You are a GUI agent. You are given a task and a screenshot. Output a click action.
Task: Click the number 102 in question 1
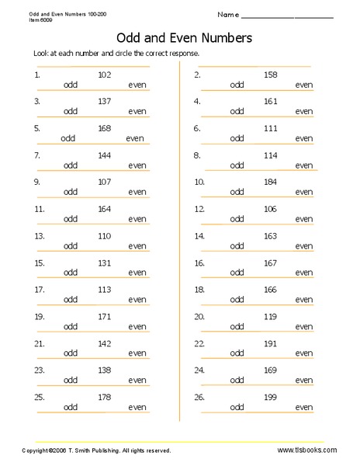coord(105,75)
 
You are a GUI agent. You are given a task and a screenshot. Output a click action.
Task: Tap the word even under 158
coord(303,85)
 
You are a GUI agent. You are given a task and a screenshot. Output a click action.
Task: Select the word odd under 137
coord(71,111)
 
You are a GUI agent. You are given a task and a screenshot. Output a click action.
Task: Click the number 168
coord(105,128)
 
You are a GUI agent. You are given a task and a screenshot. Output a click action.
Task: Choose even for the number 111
coord(303,138)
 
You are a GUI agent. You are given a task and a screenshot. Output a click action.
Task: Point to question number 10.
coord(199,182)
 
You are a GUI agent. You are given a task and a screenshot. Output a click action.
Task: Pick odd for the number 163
coord(237,245)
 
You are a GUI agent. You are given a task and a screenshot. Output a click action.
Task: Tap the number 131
coord(105,263)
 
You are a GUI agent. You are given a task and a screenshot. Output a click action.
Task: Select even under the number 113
coord(137,299)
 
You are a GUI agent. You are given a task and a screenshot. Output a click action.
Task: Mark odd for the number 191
coord(237,353)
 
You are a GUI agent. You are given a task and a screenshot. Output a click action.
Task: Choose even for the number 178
coord(137,406)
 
